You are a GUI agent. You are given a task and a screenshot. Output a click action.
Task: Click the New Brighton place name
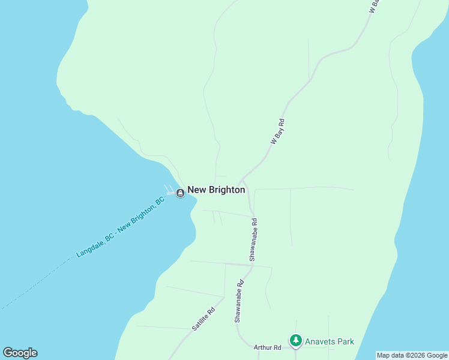(216, 190)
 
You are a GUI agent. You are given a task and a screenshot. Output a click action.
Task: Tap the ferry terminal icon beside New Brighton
(180, 193)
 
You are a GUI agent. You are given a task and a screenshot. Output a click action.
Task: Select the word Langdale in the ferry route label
(91, 247)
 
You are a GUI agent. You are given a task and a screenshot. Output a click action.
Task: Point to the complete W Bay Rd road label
(277, 131)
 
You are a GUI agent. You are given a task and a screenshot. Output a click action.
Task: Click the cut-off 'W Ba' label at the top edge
(375, 6)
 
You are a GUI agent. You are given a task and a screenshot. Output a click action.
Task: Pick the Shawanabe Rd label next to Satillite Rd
(239, 301)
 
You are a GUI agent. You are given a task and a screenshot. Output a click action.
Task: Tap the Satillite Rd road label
(203, 320)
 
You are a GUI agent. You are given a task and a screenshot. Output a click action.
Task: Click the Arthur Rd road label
(267, 347)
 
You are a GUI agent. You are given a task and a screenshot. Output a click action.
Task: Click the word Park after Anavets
(345, 342)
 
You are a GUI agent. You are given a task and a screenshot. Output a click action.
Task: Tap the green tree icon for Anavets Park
(295, 341)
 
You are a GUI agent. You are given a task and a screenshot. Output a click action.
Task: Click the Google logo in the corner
(20, 353)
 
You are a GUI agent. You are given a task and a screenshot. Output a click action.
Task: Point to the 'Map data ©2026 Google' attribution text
(412, 355)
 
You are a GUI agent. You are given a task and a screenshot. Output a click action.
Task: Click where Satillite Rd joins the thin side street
(224, 298)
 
